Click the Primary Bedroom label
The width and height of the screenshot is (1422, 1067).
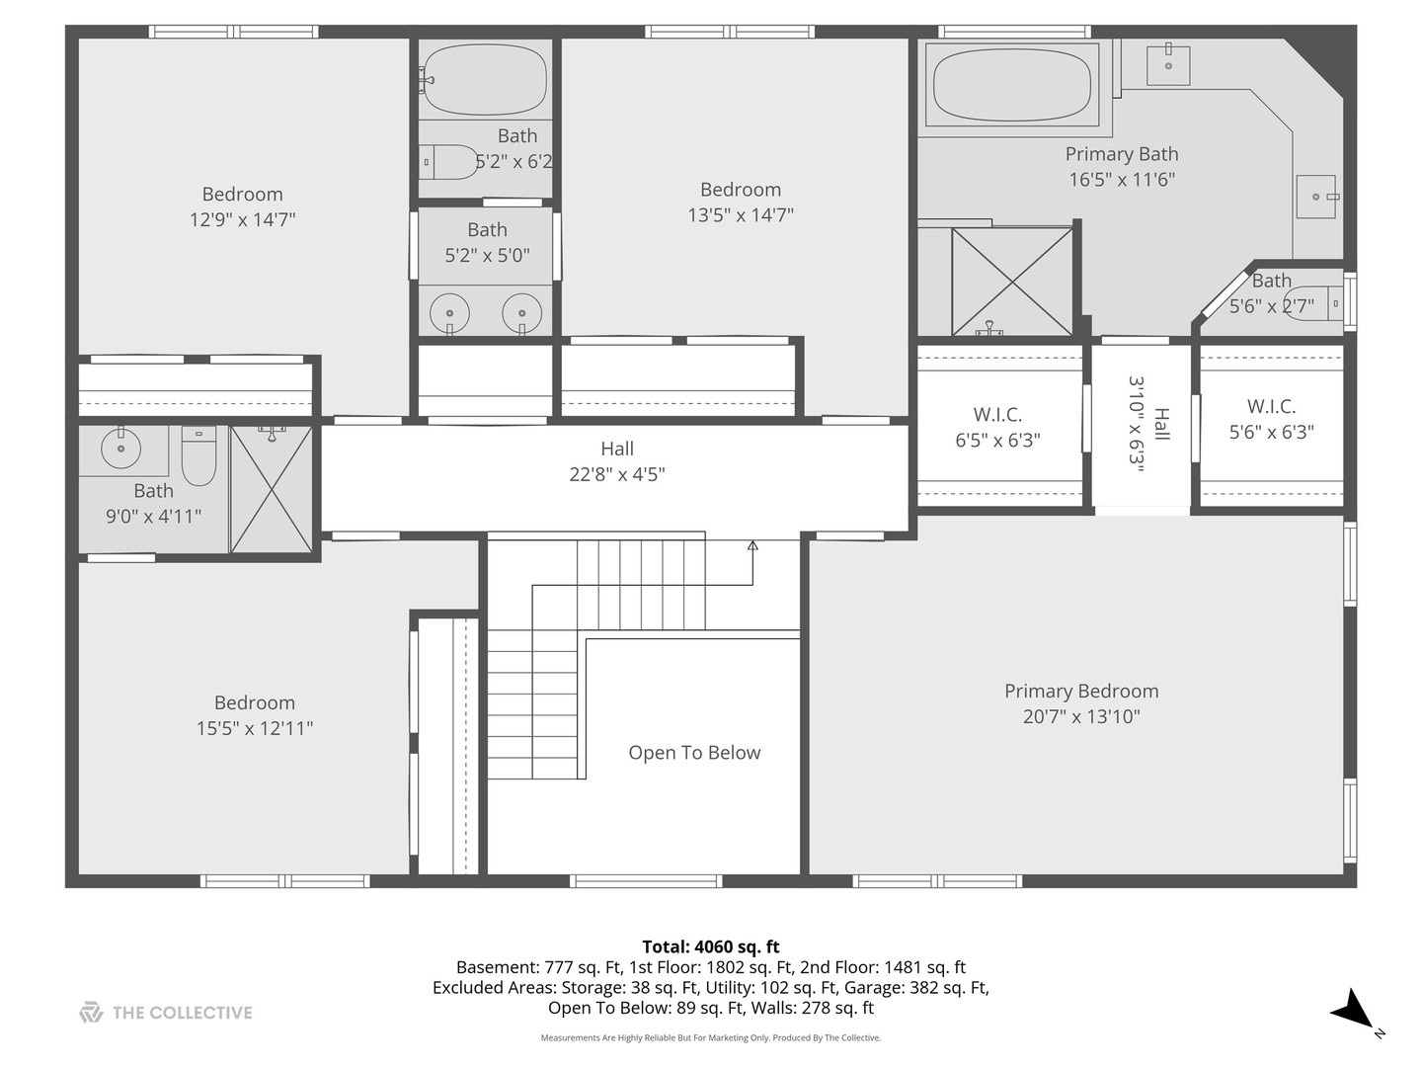[1081, 691]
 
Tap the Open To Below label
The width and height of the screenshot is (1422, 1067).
[694, 752]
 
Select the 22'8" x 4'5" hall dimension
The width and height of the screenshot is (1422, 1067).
[617, 475]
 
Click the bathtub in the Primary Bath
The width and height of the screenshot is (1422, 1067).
[1011, 84]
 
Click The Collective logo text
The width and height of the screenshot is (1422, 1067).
[182, 1013]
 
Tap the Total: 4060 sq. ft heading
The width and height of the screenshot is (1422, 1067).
[711, 947]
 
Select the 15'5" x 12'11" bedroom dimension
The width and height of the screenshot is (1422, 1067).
[255, 728]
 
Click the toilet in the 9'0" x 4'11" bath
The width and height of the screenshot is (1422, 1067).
[198, 454]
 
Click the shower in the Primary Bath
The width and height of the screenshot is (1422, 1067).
[1012, 282]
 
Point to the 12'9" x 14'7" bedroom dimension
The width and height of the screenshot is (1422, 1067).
[242, 219]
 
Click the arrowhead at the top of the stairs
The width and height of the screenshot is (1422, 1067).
[752, 546]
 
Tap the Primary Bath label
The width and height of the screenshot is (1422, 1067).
[1122, 154]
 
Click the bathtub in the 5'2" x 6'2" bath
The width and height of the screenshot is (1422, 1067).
[485, 79]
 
